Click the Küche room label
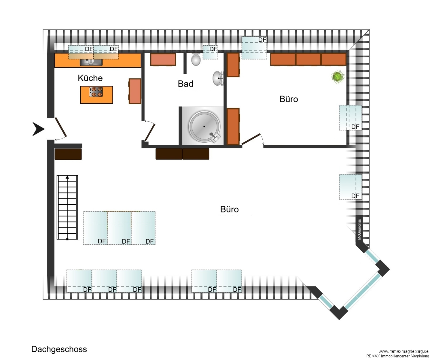click(90, 78)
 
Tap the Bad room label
click(185, 84)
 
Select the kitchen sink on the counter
click(91, 62)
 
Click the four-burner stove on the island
click(96, 92)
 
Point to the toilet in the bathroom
click(196, 59)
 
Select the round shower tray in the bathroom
click(204, 127)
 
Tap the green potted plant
click(338, 77)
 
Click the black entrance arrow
click(38, 129)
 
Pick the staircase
click(67, 207)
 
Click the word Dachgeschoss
click(59, 349)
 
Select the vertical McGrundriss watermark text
click(359, 229)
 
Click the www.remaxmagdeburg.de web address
click(403, 351)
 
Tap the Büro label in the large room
click(230, 210)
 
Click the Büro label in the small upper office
click(289, 99)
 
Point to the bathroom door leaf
click(150, 132)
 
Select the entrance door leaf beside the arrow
click(60, 127)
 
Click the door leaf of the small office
click(251, 139)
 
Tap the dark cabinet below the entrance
click(68, 154)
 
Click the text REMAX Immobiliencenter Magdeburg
click(397, 356)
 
